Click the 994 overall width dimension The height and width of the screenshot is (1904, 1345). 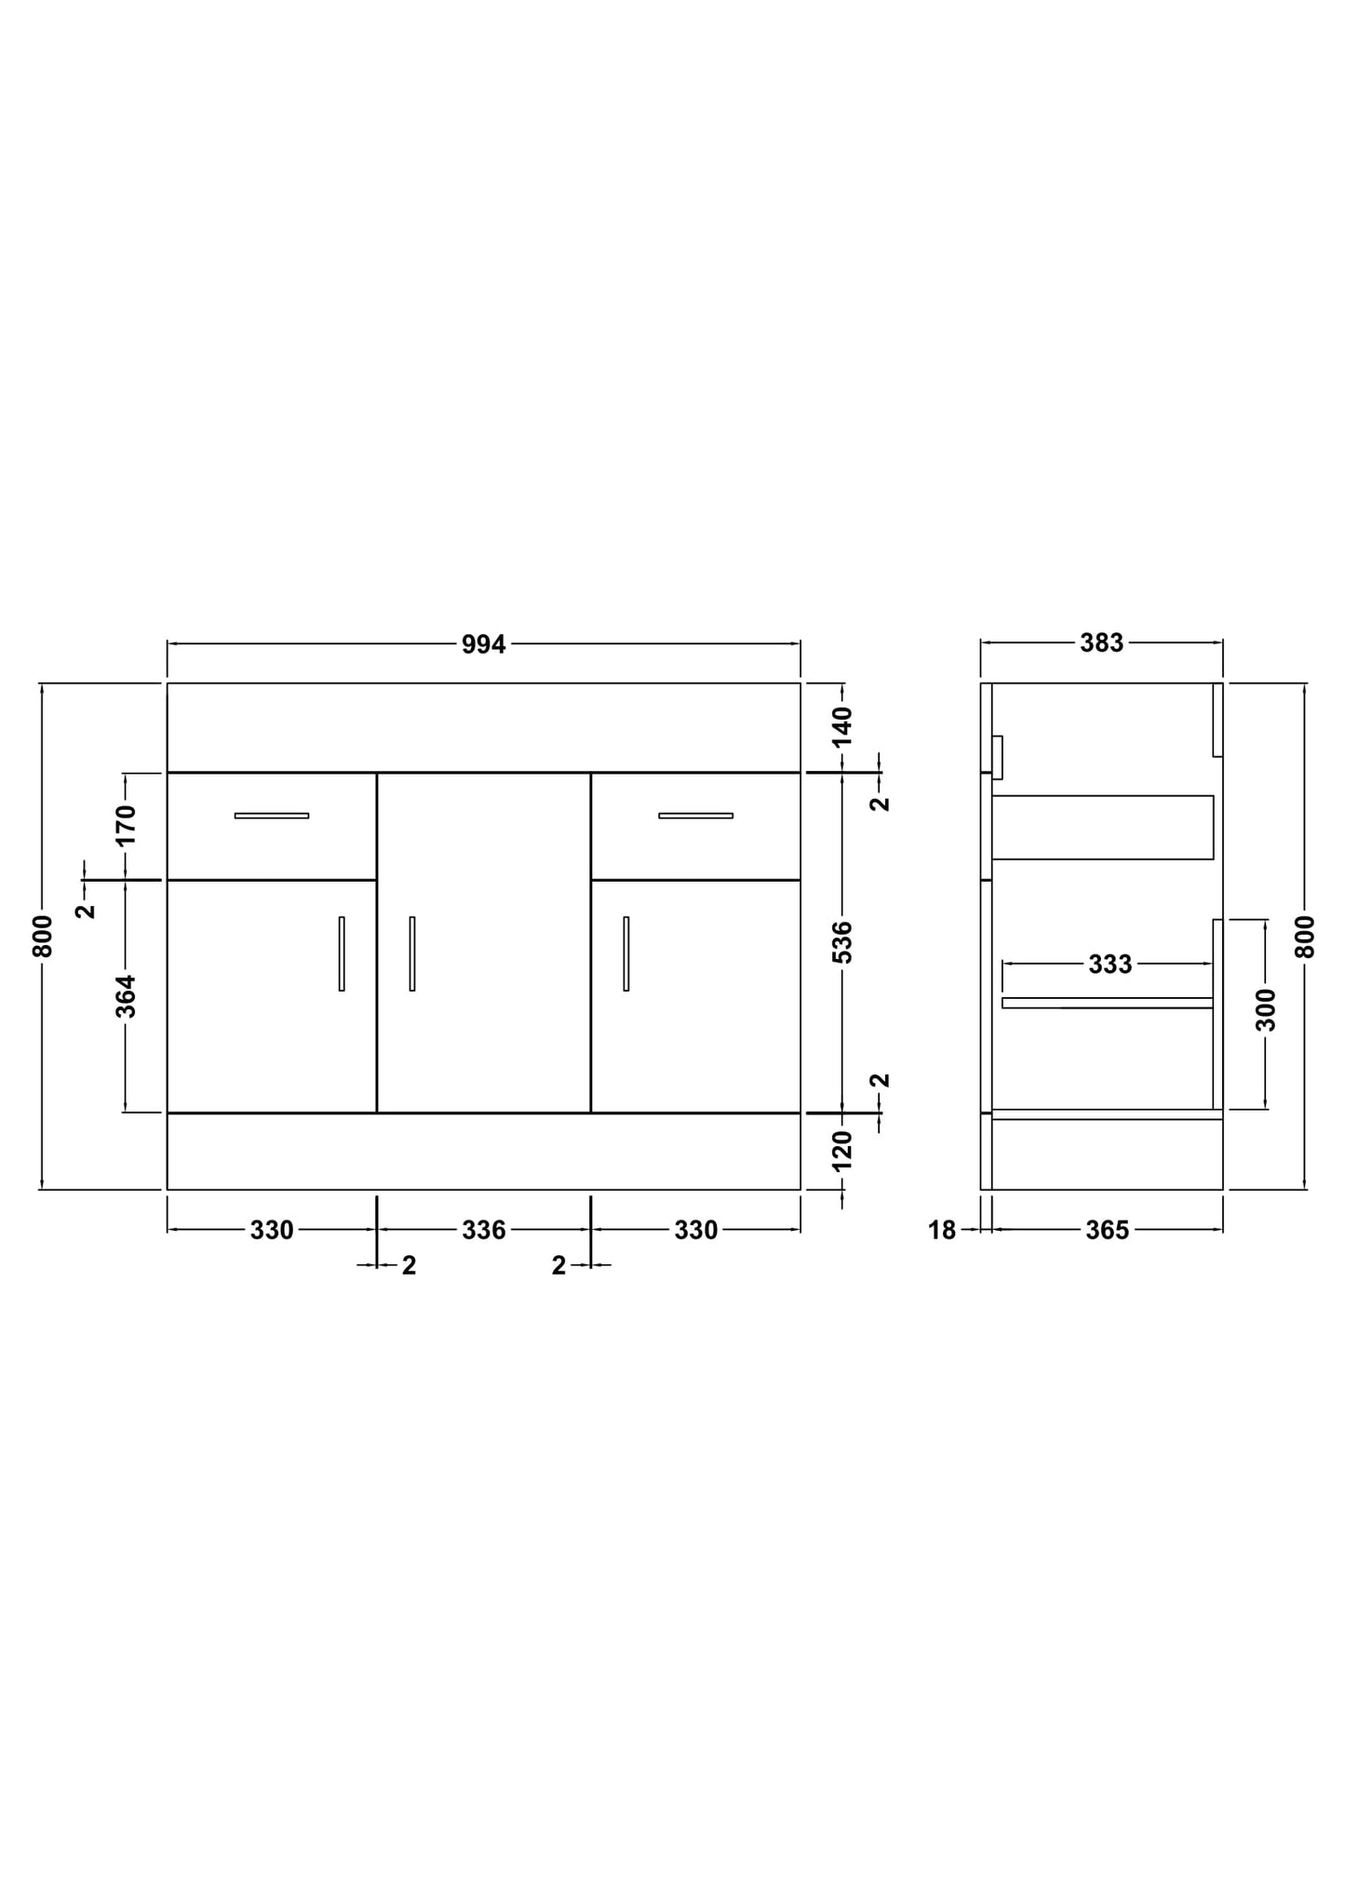click(x=483, y=644)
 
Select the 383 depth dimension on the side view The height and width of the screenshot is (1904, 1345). click(x=1101, y=643)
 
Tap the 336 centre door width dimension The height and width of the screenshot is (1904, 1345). click(x=483, y=1231)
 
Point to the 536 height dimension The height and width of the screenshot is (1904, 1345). click(x=842, y=941)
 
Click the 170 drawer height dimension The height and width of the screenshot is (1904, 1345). click(x=126, y=824)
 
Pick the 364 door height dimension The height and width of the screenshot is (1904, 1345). click(x=126, y=995)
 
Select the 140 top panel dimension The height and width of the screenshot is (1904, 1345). click(x=842, y=726)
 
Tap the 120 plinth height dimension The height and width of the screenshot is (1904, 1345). click(x=842, y=1151)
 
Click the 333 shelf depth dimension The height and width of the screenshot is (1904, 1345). click(x=1110, y=965)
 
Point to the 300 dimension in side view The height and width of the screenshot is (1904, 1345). click(x=1265, y=1010)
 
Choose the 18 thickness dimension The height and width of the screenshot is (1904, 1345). click(x=942, y=1231)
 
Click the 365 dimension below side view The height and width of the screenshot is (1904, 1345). click(x=1107, y=1231)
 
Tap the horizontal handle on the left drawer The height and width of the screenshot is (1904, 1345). click(x=271, y=816)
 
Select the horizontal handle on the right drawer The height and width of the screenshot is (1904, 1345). click(x=695, y=816)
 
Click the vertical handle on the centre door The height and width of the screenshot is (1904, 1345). click(x=411, y=953)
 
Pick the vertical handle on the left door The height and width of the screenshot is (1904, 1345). click(x=342, y=953)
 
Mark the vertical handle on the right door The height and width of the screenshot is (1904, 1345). click(x=625, y=953)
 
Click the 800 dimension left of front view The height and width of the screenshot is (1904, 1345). click(x=43, y=936)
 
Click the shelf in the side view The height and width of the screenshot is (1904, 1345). click(x=1107, y=1003)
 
